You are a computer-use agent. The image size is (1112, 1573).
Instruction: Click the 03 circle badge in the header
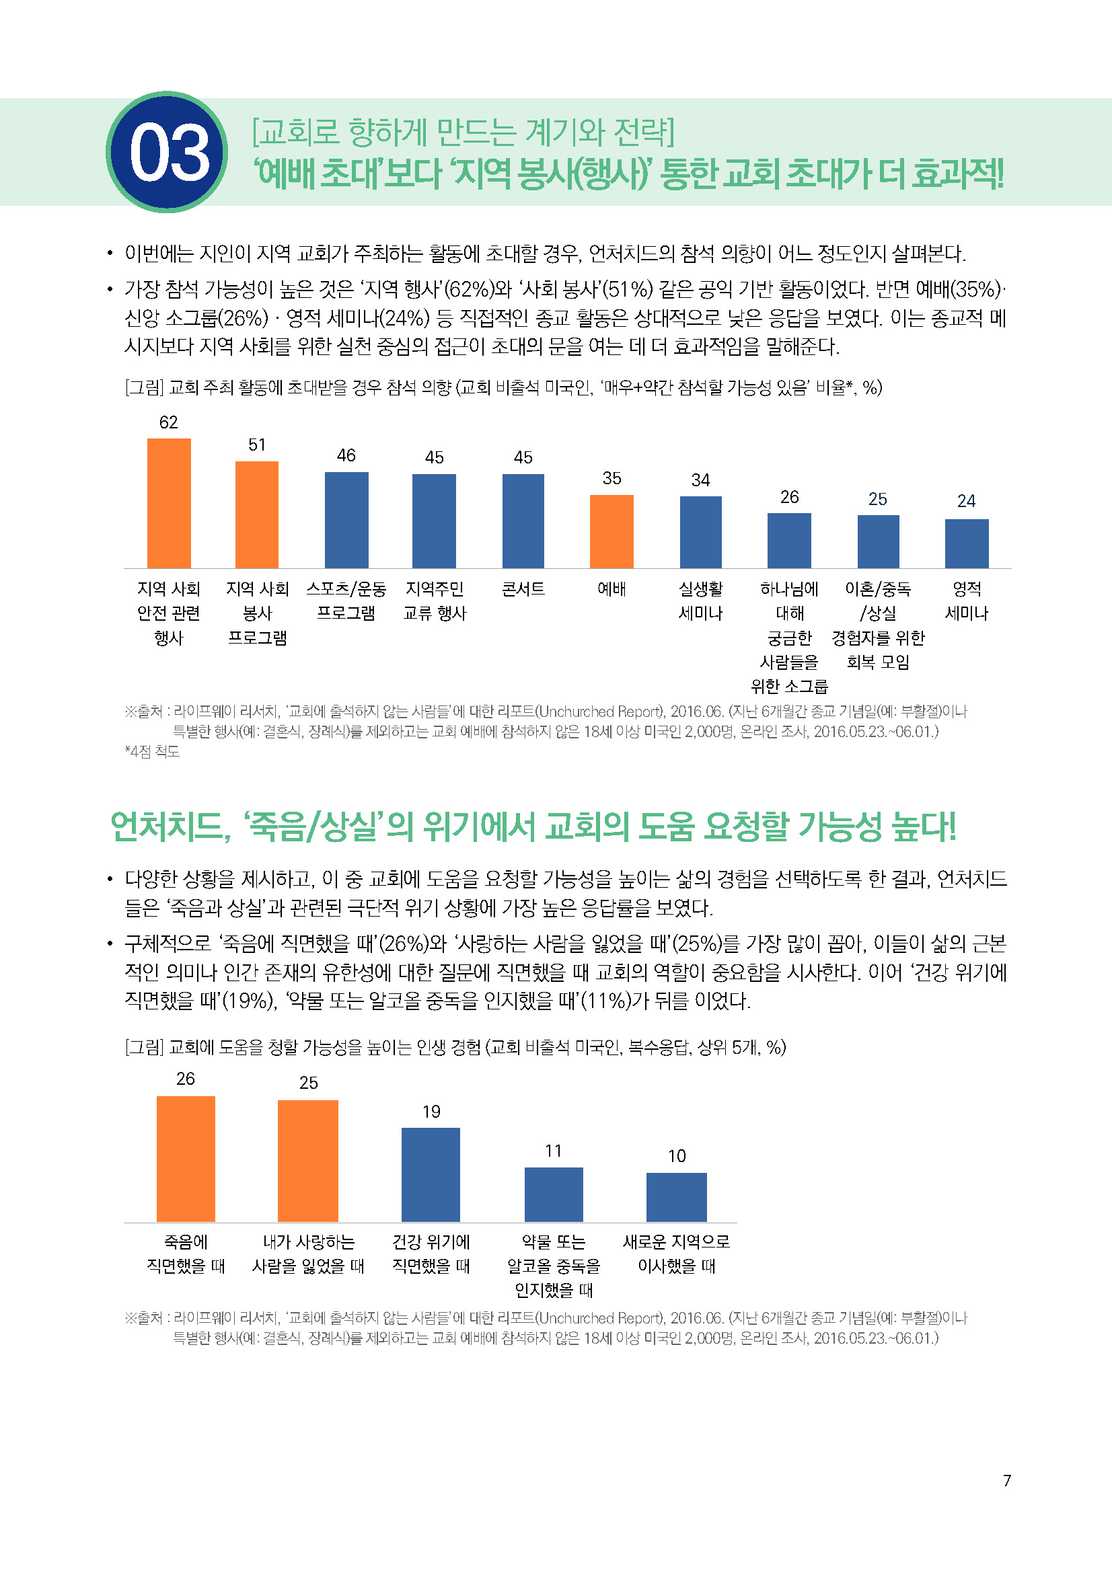[x=168, y=152]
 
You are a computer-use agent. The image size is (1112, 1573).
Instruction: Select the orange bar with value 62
[x=169, y=503]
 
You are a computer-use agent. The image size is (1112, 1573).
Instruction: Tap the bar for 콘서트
[x=523, y=521]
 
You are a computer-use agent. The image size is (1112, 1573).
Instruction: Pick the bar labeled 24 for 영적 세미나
[x=966, y=543]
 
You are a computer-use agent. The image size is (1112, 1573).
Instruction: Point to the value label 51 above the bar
[x=257, y=445]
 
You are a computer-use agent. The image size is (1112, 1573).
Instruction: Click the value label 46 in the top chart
[x=346, y=455]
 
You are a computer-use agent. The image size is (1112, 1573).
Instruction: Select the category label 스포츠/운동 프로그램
[x=346, y=601]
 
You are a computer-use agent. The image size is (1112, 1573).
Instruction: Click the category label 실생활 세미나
[x=700, y=601]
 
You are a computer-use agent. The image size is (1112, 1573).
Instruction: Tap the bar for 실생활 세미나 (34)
[x=700, y=532]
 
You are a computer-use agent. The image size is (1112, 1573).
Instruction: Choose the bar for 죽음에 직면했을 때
[x=186, y=1159]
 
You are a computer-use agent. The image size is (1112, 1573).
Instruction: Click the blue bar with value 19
[x=431, y=1175]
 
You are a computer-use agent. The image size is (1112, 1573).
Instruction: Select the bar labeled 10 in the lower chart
[x=676, y=1197]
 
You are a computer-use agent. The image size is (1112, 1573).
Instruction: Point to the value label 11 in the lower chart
[x=554, y=1151]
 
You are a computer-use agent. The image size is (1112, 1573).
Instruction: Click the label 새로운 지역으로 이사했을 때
[x=676, y=1254]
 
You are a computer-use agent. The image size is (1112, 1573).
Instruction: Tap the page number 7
[x=1006, y=1480]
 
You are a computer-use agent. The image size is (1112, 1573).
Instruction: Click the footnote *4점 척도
[x=152, y=752]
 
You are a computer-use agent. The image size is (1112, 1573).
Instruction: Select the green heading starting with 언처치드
[x=532, y=827]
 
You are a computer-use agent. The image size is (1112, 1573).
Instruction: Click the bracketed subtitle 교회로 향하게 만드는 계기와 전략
[x=463, y=132]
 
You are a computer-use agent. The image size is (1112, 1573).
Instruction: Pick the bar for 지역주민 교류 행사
[x=434, y=521]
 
